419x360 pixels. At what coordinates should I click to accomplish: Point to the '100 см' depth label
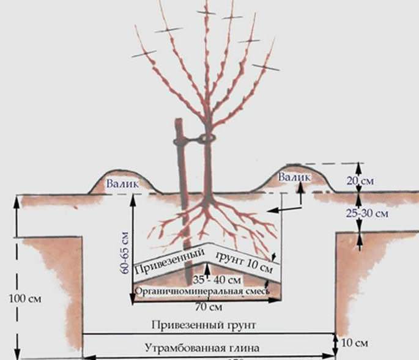pos(23,298)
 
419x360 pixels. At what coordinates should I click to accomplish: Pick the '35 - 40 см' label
pos(206,279)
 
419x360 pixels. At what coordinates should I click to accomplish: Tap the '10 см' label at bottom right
pos(354,341)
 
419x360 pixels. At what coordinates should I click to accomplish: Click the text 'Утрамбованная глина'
pos(202,348)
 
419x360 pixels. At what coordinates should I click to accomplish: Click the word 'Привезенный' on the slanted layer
pos(161,261)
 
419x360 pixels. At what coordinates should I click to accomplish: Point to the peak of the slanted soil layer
pos(207,248)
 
